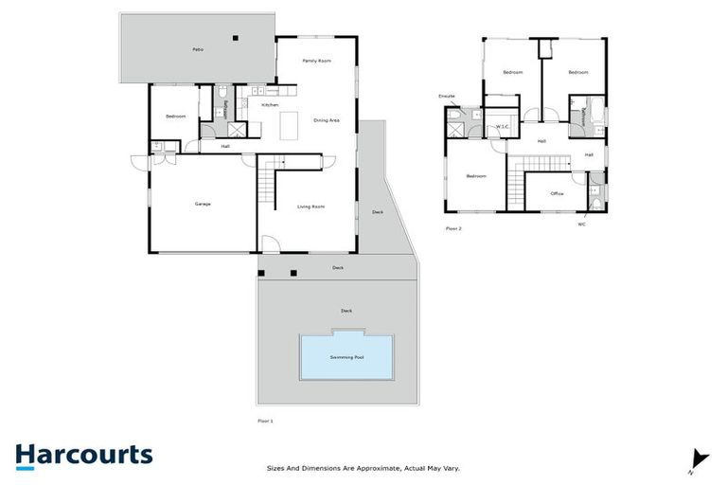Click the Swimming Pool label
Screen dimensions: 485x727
point(346,357)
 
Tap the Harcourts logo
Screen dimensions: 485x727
point(83,455)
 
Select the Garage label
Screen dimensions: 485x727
point(203,205)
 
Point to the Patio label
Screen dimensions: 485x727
point(198,48)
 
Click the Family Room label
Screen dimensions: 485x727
point(316,61)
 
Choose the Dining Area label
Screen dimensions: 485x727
point(327,120)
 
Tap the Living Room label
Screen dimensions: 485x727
point(311,206)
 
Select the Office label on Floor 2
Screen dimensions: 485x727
point(557,193)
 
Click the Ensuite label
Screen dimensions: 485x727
point(447,96)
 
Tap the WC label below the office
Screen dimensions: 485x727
point(582,225)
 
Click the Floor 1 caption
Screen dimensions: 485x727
point(266,420)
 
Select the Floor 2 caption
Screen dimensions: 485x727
point(453,228)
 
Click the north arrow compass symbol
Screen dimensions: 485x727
point(699,458)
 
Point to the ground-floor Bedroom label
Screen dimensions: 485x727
point(175,117)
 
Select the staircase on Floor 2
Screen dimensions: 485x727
point(517,184)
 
